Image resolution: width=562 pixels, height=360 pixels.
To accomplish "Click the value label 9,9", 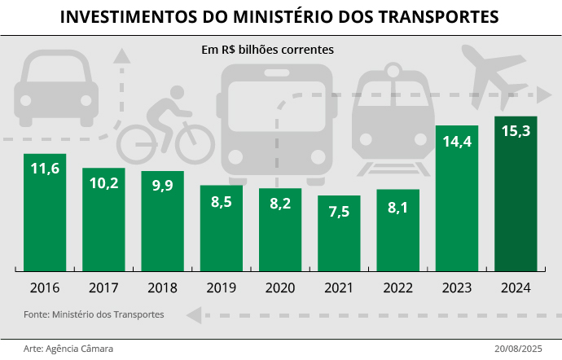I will [162, 186].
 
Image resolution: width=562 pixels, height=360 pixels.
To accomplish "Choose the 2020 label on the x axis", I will [280, 288].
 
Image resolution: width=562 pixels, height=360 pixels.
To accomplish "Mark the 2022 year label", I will [397, 288].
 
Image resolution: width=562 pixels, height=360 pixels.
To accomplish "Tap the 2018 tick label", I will [162, 288].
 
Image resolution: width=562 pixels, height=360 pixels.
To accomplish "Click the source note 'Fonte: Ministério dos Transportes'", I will [94, 314].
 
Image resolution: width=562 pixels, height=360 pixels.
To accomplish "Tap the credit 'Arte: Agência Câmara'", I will [68, 348].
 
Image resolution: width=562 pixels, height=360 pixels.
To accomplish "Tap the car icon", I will [56, 88].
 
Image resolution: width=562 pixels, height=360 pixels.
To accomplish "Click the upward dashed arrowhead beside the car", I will [121, 56].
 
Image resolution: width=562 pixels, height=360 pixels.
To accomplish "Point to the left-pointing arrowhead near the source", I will [194, 314].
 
